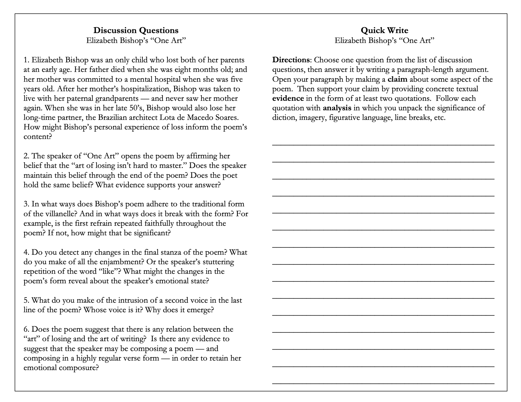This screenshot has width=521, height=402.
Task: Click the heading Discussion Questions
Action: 136,30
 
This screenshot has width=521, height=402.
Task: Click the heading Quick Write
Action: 384,30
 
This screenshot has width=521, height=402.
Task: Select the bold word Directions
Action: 291,60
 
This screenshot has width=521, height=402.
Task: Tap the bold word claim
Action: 397,79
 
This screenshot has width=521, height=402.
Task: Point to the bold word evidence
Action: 288,98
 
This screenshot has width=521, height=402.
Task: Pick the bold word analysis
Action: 337,108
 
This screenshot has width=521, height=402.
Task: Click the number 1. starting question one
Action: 27,60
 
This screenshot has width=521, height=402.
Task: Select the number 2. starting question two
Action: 27,156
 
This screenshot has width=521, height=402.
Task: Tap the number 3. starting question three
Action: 27,204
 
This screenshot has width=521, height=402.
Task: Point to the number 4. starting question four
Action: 27,252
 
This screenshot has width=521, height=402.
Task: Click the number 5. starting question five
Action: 27,300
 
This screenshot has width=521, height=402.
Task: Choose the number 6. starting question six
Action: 27,329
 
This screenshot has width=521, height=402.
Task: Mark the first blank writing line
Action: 383,144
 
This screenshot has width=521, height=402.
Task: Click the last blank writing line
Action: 383,382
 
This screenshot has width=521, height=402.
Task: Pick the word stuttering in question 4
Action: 217,262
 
